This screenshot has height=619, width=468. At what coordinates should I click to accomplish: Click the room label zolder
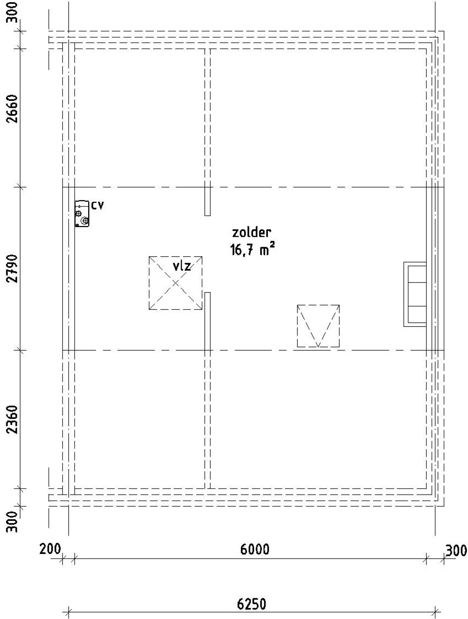(x=252, y=233)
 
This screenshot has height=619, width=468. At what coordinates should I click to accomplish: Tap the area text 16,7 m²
(x=252, y=250)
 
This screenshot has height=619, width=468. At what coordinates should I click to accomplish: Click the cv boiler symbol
(x=82, y=214)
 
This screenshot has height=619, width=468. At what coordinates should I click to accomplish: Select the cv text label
(x=97, y=206)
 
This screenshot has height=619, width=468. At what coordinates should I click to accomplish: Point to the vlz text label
(x=182, y=266)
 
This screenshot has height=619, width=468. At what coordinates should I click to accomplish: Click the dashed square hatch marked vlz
(x=175, y=283)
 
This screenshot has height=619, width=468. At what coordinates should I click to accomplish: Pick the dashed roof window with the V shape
(x=318, y=326)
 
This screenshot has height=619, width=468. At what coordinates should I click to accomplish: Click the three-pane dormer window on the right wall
(x=415, y=294)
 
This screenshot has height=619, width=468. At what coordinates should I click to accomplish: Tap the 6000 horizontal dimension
(x=255, y=550)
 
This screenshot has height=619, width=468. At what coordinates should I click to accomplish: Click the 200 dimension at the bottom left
(x=50, y=549)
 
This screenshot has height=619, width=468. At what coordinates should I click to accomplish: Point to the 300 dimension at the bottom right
(x=456, y=550)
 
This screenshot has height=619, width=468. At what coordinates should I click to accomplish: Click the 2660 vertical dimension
(x=13, y=109)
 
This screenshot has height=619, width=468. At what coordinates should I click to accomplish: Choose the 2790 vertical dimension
(x=13, y=268)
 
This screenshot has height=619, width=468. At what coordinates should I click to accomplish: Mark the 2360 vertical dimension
(x=13, y=419)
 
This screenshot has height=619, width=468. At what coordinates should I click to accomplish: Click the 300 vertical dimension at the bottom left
(x=13, y=522)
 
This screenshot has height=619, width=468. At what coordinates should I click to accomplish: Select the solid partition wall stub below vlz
(x=207, y=321)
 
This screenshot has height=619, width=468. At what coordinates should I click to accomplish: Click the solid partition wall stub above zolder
(x=207, y=201)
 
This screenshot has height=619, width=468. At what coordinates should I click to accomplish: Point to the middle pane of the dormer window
(x=417, y=294)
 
